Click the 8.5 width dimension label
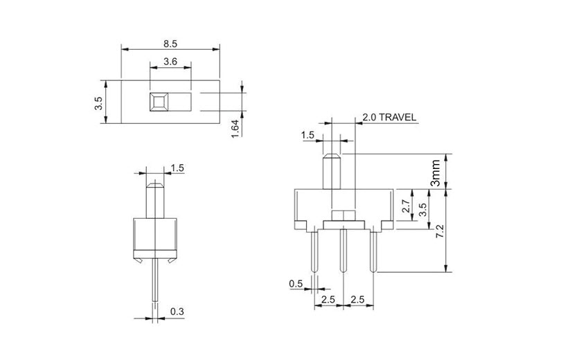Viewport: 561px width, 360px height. click(x=170, y=43)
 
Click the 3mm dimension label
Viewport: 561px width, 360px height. click(x=435, y=171)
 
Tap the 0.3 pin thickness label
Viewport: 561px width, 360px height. click(x=177, y=313)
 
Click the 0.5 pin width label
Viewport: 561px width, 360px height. click(x=296, y=283)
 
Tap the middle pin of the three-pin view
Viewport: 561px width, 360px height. click(x=343, y=252)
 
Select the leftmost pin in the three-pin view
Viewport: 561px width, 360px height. click(x=314, y=252)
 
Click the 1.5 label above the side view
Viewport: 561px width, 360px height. click(x=177, y=168)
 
